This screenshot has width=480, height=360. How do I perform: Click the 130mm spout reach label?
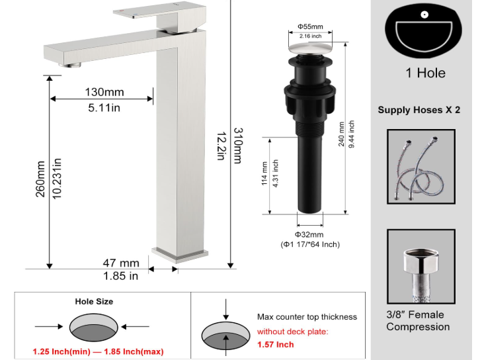click(104, 92)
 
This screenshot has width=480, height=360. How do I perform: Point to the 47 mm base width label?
click(121, 263)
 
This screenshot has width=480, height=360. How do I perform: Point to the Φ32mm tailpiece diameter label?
click(309, 234)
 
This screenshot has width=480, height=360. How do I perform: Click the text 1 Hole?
click(425, 73)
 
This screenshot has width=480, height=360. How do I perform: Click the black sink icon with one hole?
click(425, 30)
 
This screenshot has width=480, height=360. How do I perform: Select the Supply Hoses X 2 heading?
click(419, 110)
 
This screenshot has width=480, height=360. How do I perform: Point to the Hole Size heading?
click(93, 301)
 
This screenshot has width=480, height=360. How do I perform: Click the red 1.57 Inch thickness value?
click(276, 345)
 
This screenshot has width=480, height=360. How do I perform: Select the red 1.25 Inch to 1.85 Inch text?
click(98, 351)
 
